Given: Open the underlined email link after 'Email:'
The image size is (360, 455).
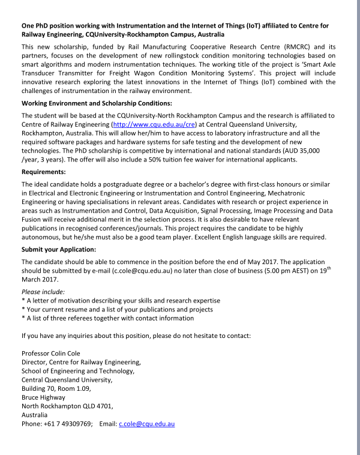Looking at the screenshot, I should (146, 424).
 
